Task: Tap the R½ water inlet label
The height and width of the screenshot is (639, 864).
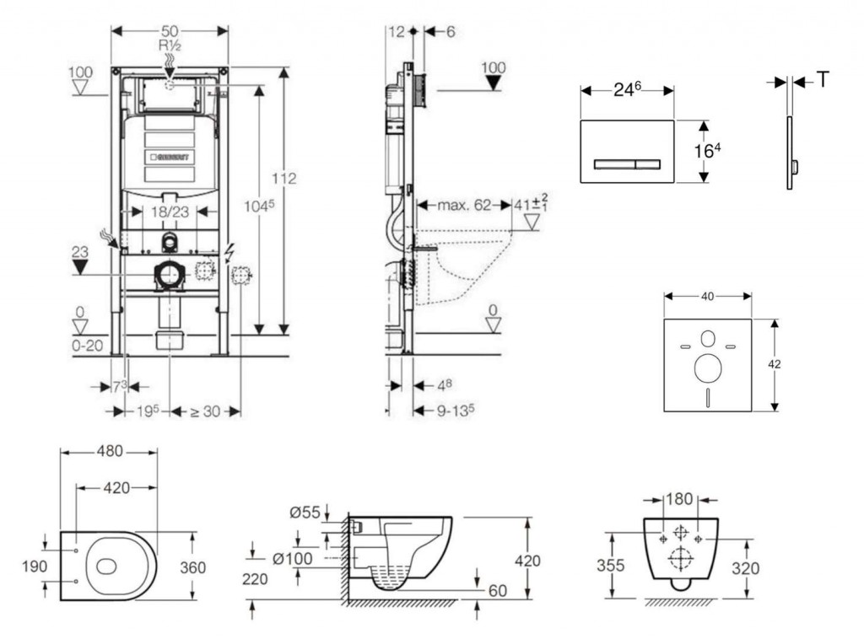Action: (x=170, y=46)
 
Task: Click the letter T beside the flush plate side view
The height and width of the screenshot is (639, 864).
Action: (x=823, y=80)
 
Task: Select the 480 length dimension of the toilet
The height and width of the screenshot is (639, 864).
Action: (x=108, y=451)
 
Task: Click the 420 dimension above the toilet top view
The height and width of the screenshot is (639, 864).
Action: (x=116, y=487)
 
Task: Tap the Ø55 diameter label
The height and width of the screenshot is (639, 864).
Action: (x=305, y=512)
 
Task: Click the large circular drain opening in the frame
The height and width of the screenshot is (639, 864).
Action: (x=170, y=274)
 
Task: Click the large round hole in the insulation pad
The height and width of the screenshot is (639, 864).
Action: (x=707, y=368)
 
